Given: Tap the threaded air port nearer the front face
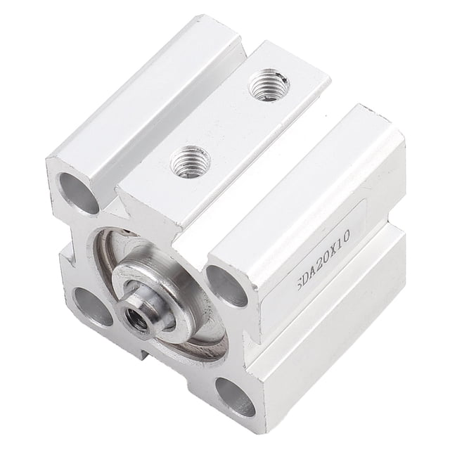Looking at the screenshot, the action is [191, 162].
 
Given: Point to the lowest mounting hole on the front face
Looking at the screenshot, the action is [236, 397].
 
